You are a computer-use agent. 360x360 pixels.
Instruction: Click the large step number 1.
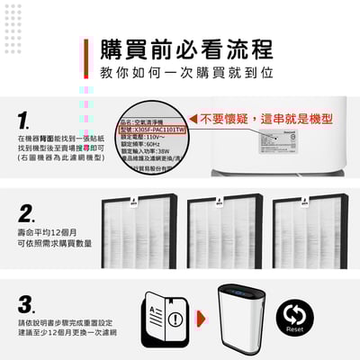tap(26, 119)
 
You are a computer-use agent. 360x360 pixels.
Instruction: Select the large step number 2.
tap(26, 213)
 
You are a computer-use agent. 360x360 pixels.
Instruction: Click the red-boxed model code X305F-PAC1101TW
tap(153, 130)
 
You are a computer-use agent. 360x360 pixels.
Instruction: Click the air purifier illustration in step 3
tap(238, 315)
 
